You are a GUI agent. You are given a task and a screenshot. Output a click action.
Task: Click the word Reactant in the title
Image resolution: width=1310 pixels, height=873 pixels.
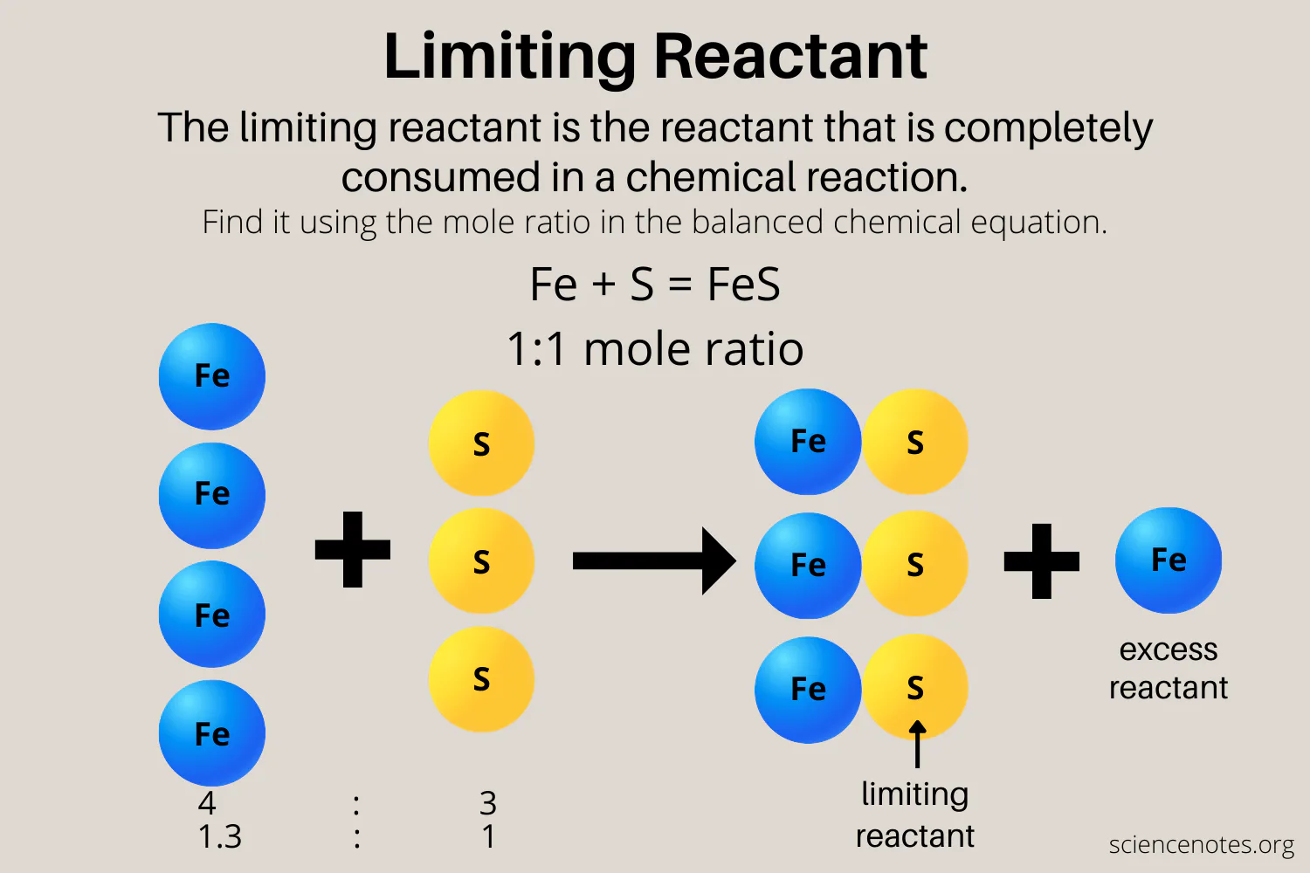coord(789,57)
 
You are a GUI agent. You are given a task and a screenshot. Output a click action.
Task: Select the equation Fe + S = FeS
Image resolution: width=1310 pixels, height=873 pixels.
coord(655,285)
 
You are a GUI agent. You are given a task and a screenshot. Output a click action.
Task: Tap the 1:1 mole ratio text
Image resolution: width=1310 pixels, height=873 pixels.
coord(655,349)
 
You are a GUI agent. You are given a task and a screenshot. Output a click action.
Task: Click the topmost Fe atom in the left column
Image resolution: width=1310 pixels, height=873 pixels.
coord(211,376)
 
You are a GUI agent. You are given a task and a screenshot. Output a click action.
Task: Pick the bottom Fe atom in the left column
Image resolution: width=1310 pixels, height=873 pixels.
coord(211,733)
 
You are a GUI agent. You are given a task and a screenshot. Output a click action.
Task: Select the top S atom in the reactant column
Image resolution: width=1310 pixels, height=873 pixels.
coord(481,443)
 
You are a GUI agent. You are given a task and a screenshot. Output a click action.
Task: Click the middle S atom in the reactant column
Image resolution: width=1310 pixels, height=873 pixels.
coord(481,561)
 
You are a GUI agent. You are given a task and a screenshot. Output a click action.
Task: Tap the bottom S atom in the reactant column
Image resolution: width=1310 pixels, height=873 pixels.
coord(481,678)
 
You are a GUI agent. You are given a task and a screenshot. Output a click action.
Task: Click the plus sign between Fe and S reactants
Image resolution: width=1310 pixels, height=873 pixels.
coord(353,549)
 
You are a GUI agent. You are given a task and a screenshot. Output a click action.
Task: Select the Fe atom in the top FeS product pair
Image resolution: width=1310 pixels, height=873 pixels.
coord(808,442)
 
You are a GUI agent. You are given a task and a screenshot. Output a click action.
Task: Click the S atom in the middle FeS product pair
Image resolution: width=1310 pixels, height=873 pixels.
coord(915,565)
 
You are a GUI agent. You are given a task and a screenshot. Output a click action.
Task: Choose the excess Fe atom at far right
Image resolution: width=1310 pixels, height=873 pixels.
coord(1169,560)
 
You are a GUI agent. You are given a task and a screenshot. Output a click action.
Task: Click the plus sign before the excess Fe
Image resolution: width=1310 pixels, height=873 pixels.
coord(1042,561)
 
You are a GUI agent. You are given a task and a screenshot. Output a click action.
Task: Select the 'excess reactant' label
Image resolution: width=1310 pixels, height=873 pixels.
coord(1169,669)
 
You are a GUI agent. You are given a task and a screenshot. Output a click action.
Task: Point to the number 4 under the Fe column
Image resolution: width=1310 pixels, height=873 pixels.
coord(207,802)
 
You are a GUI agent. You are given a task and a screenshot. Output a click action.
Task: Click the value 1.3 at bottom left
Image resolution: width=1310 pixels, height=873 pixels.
coord(220,836)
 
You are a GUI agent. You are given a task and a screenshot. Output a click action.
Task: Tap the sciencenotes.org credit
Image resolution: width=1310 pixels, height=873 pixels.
coord(1201,844)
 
